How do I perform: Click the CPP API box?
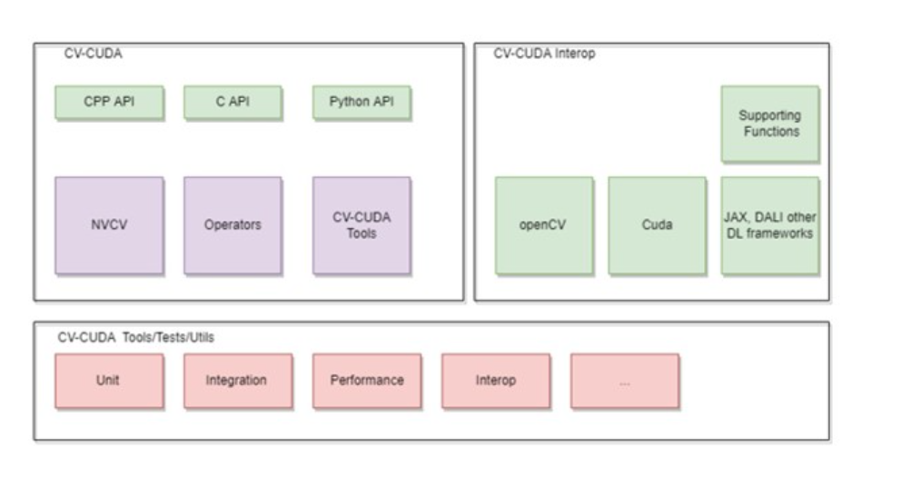point(109,103)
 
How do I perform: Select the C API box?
point(233,103)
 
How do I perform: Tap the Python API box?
point(361,103)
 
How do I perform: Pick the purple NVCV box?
point(109,225)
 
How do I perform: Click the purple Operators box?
point(233,225)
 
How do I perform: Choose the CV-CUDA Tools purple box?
point(361,225)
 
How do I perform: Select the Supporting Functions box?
point(769,124)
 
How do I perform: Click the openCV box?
point(543,225)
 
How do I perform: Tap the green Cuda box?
point(657,225)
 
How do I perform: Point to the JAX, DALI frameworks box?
point(769,225)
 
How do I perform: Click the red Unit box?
point(109,381)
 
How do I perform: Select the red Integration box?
point(236,381)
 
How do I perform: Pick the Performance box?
point(366,381)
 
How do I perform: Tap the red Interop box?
point(496,381)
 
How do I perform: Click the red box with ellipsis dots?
point(624,381)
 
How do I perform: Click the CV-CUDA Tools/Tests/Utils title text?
point(136,337)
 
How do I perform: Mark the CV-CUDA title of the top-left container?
point(90,55)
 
